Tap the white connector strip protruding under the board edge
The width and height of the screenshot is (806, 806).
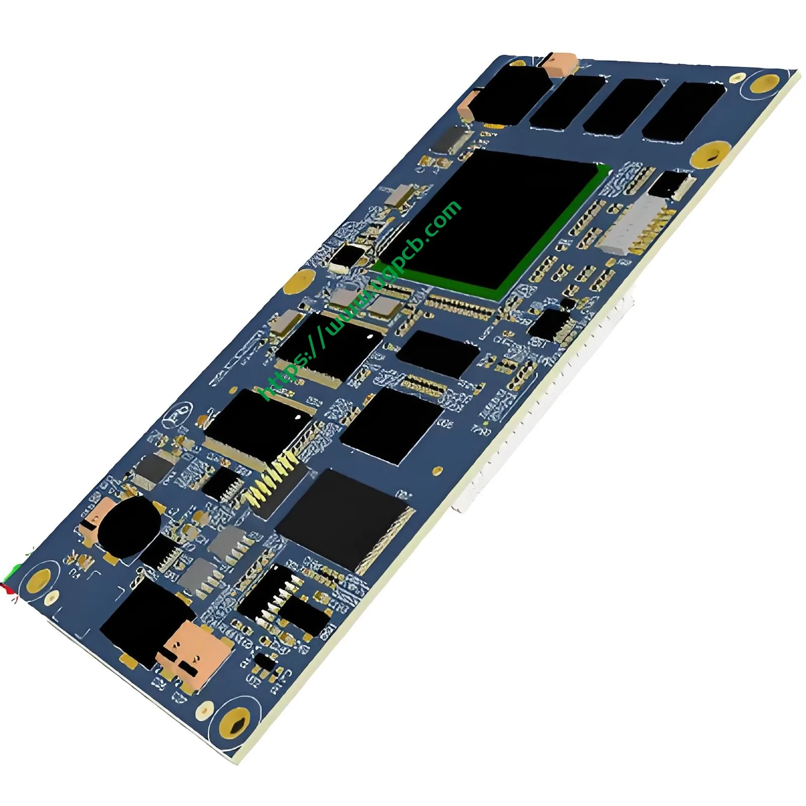[544, 403]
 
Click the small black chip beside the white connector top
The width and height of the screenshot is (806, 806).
[670, 184]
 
